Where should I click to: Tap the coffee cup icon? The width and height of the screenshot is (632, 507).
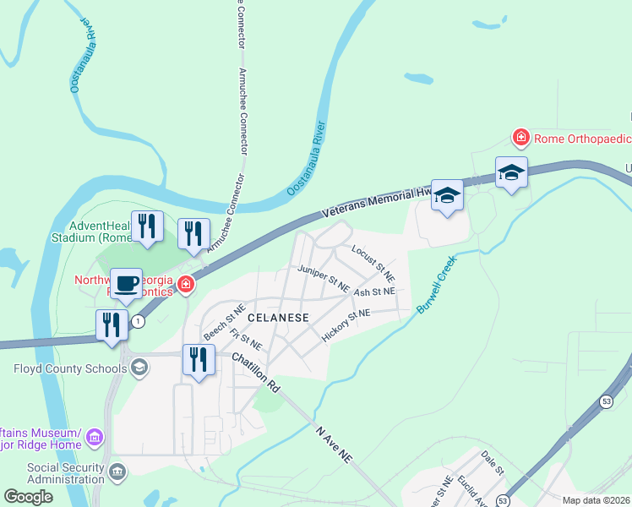[126, 283]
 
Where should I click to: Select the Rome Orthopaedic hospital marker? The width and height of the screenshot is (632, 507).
[521, 137]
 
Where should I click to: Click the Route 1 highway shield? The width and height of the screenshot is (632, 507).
[137, 321]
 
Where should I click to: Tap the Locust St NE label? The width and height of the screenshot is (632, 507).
[373, 263]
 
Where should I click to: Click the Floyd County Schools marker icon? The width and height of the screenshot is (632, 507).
[139, 368]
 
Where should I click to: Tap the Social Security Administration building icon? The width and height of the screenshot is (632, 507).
[118, 470]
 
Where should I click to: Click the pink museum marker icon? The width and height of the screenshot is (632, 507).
[95, 438]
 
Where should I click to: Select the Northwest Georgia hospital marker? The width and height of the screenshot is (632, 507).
[185, 286]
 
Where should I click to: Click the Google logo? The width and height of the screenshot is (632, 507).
[28, 497]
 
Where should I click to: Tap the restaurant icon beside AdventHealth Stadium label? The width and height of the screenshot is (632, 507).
[149, 226]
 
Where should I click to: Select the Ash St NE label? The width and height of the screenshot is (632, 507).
[374, 292]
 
